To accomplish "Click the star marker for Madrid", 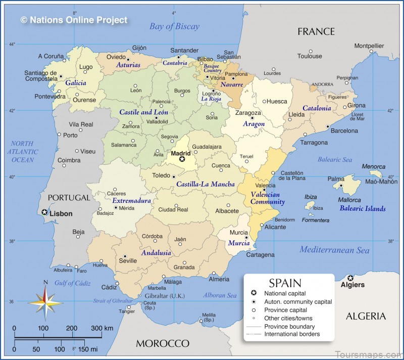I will [x=182, y=159].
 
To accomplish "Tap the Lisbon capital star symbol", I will [x=45, y=212].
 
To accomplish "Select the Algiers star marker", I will [x=350, y=277].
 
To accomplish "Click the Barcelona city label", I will [x=344, y=131].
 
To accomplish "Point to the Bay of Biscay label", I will [x=174, y=26].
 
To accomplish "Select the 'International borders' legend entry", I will [x=292, y=334].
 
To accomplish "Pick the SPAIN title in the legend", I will [x=285, y=283].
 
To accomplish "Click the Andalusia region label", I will [x=157, y=252].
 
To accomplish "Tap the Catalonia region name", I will [x=317, y=108].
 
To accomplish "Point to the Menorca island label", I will [x=374, y=167].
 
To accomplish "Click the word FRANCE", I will [x=316, y=32].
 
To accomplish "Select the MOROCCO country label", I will [x=162, y=343].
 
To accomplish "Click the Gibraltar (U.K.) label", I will [x=157, y=295].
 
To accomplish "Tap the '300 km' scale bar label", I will [x=102, y=328].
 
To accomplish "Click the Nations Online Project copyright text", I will [x=74, y=20].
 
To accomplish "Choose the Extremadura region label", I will [x=131, y=201].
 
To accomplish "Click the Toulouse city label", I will [x=310, y=56].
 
